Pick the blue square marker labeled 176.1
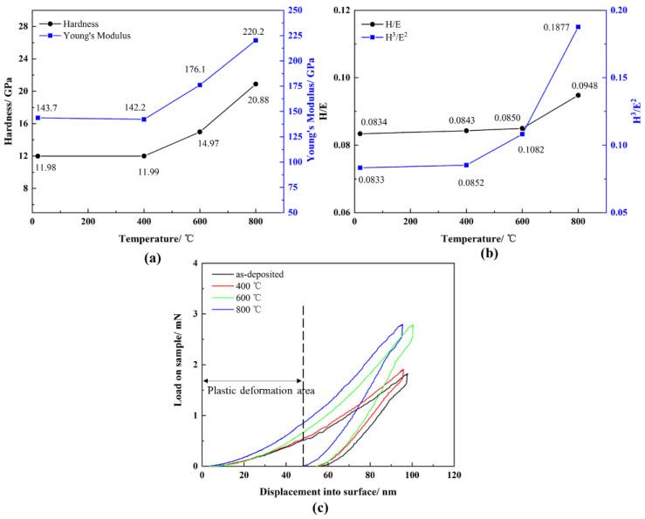click(x=200, y=85)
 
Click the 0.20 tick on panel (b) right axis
click(x=616, y=10)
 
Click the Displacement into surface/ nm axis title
click(x=326, y=493)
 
